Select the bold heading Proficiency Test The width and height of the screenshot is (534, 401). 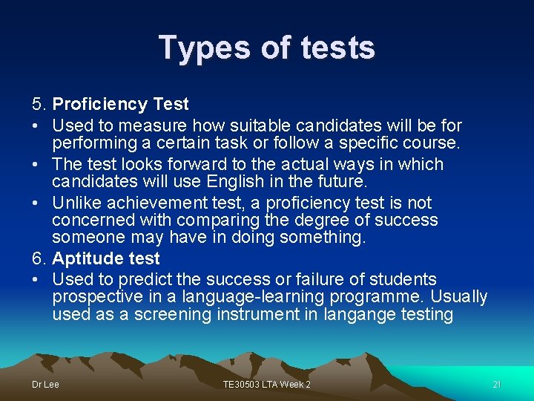(121, 105)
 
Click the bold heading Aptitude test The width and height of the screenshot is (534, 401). (106, 259)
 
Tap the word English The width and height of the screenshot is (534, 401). (241, 182)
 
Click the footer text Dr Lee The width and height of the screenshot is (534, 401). (45, 385)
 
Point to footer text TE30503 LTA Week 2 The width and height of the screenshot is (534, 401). (267, 385)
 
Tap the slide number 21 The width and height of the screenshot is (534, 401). (497, 385)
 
